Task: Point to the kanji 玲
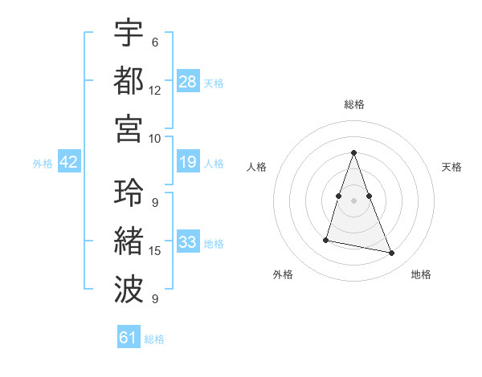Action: point(129,193)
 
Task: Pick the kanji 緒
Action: point(129,241)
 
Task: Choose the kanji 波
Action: point(129,288)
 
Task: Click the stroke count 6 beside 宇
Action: point(155,42)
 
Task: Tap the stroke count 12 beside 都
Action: point(155,90)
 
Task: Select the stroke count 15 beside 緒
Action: point(155,251)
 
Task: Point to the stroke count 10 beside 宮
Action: point(155,138)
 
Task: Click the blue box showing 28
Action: point(188,81)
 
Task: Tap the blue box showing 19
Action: point(188,163)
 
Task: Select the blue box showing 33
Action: point(188,242)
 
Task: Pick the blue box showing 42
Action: point(68,163)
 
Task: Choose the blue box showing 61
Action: point(129,338)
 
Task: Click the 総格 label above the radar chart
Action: point(353,105)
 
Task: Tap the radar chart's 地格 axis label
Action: point(421,274)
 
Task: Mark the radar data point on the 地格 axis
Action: point(392,253)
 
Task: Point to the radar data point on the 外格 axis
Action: point(326,240)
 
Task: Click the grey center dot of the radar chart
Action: point(353,200)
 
